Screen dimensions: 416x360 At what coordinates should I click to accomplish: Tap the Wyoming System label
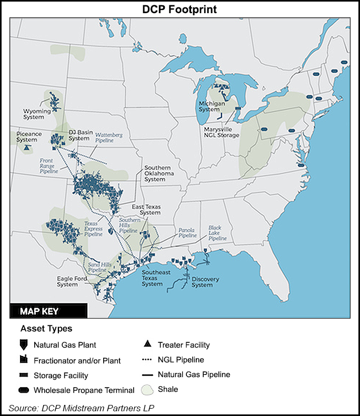pos(37,114)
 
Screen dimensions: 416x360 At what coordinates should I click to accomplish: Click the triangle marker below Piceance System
pos(25,148)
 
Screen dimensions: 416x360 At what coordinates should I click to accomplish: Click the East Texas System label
pos(146,210)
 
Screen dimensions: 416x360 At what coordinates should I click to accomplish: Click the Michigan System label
pos(212,106)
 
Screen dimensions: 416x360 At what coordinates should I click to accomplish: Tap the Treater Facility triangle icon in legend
pos(147,345)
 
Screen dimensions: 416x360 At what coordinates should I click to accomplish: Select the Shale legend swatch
pos(147,390)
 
